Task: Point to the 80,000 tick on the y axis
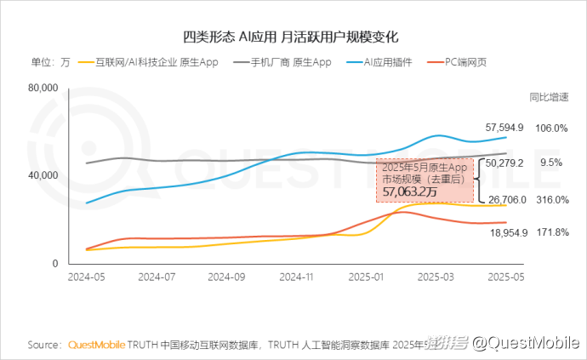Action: tap(42, 88)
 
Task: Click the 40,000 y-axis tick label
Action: tap(42, 175)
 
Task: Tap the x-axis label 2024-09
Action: tap(227, 277)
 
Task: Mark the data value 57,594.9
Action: tap(504, 128)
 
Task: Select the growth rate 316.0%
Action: tap(552, 199)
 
